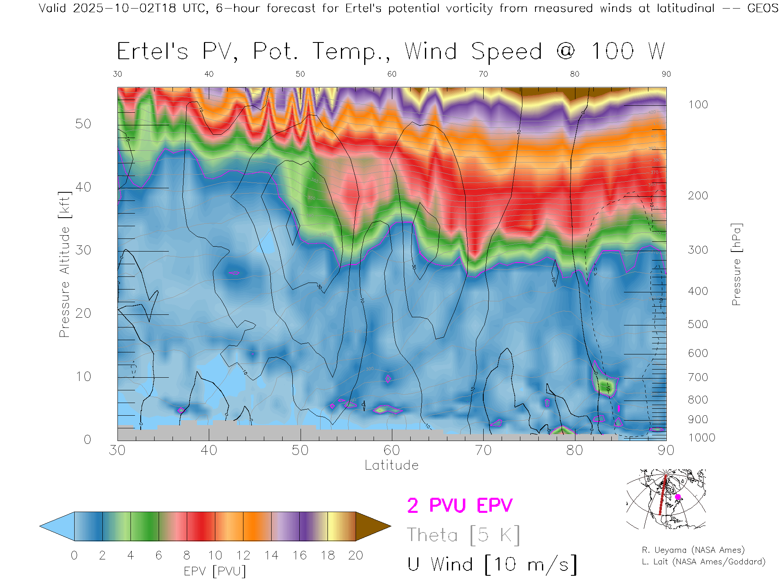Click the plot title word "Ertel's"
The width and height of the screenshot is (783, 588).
(153, 52)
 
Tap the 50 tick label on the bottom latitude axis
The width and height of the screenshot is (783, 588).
(300, 450)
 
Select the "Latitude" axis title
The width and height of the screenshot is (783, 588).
(391, 465)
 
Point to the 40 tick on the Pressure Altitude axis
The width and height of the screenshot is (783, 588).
(83, 187)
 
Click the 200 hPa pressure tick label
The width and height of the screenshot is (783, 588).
(698, 196)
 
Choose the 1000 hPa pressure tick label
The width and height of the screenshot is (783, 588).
(701, 438)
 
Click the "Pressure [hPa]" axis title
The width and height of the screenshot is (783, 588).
(736, 265)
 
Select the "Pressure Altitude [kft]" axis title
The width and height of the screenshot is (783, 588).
(64, 265)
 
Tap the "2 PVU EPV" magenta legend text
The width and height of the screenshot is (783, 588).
(460, 506)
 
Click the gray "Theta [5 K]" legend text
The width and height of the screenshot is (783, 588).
(463, 535)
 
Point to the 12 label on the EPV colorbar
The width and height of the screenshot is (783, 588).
(243, 555)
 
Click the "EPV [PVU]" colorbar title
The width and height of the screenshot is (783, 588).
(215, 571)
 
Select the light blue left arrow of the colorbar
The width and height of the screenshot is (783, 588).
(57, 526)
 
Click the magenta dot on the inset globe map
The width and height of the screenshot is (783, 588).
(678, 497)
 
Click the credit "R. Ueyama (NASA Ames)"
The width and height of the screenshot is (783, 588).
(693, 550)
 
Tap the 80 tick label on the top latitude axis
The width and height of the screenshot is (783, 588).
(575, 74)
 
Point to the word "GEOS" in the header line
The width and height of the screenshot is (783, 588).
(763, 8)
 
